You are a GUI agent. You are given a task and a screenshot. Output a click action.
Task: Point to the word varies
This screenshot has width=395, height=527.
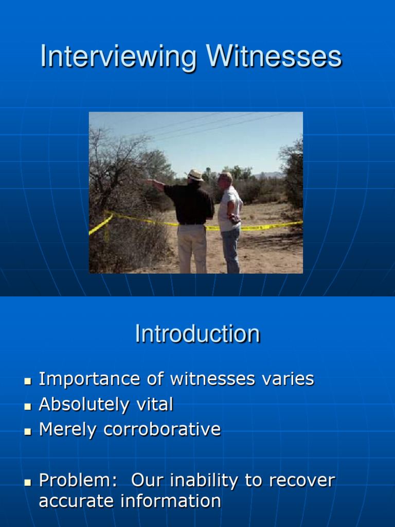pos(288,379)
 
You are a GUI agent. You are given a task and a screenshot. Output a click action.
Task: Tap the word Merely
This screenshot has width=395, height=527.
pos(68,429)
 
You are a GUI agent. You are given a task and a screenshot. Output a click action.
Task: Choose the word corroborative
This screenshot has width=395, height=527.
pos(163,429)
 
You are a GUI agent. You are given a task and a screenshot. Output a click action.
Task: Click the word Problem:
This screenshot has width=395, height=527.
pos(78,481)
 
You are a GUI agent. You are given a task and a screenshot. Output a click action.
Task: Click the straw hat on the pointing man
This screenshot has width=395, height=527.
pos(195,175)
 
